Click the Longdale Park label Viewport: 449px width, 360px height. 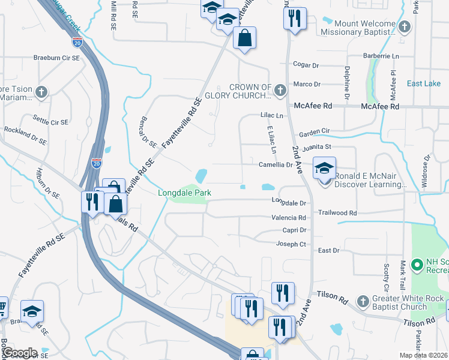[183, 193]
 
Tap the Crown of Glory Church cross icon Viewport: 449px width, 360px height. [280, 91]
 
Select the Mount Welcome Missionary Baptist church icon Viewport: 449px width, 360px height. [405, 26]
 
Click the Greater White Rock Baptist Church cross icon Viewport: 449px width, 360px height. [362, 301]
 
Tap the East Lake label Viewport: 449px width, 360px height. [423, 83]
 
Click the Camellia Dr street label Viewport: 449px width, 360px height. [276, 164]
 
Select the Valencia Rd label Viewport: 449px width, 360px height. [289, 218]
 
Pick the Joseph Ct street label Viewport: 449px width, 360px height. [291, 244]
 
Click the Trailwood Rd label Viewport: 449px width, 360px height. [337, 213]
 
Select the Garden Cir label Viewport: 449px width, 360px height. [315, 131]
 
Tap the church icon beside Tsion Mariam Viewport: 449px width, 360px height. [41, 92]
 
